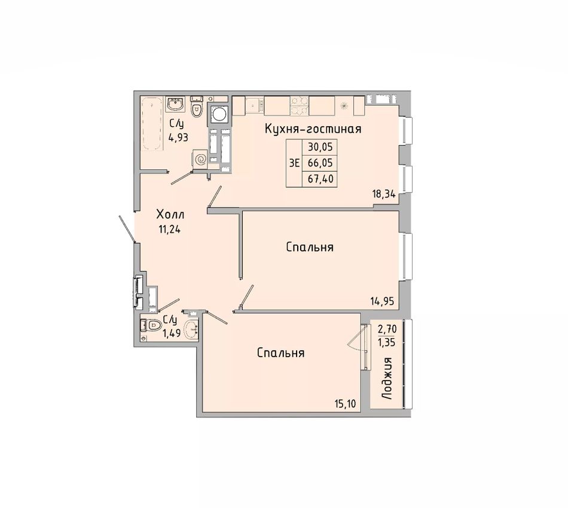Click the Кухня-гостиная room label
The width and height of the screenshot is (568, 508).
(313, 129)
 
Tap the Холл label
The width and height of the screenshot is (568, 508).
(170, 215)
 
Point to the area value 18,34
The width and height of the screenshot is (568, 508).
(383, 194)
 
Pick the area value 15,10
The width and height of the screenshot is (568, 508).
(346, 403)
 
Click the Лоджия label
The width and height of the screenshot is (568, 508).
(387, 378)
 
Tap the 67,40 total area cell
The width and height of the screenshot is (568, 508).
(320, 179)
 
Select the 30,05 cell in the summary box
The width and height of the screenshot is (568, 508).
(320, 147)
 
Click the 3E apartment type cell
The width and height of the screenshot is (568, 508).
(295, 163)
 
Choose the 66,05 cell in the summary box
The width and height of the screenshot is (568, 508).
(320, 163)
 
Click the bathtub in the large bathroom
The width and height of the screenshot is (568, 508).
(151, 123)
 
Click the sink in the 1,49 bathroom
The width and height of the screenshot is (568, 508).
(191, 329)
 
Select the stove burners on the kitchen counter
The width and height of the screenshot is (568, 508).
(300, 106)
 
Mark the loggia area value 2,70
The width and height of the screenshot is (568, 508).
(387, 329)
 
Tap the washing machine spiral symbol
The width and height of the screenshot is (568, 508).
(200, 159)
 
